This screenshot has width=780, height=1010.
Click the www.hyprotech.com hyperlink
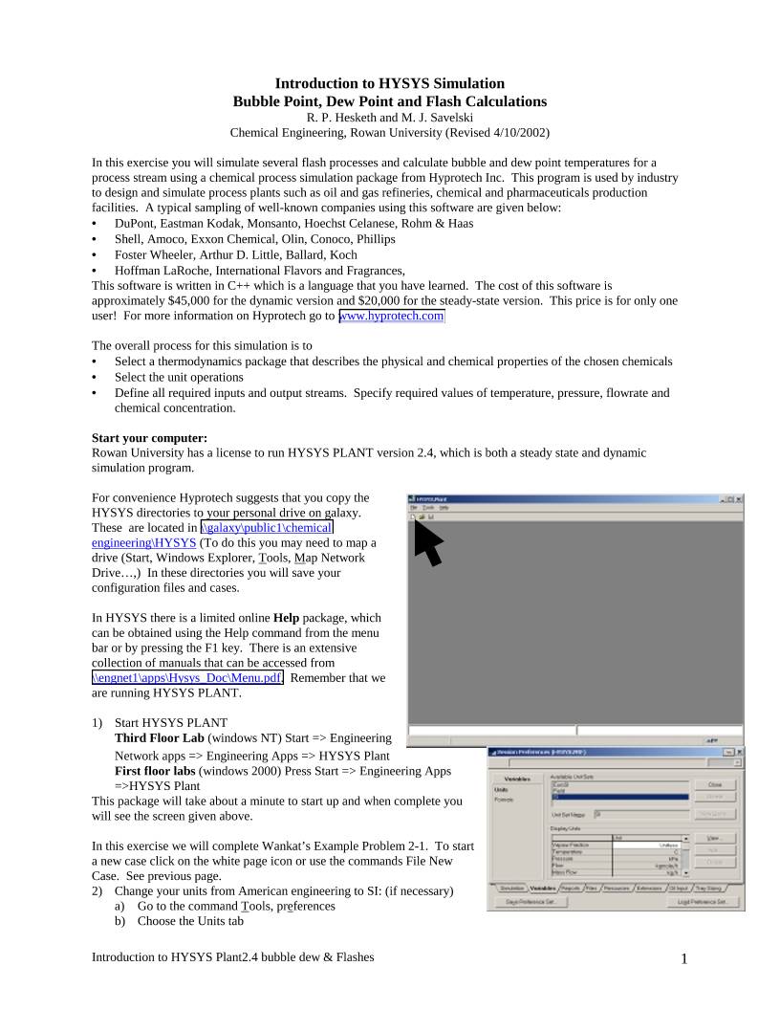point(392,316)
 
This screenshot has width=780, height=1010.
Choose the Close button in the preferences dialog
point(714,783)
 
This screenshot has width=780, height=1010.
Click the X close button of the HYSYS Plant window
point(738,499)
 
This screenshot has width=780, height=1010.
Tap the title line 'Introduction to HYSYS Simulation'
point(390,84)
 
